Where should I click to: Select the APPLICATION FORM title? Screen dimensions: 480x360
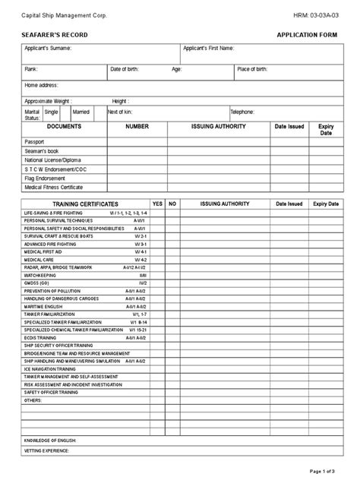(307, 36)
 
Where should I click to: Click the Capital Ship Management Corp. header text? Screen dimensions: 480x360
(64, 15)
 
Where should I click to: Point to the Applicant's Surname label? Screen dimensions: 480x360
(49, 49)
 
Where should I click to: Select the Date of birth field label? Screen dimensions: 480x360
(126, 69)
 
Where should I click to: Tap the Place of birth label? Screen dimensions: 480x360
(252, 69)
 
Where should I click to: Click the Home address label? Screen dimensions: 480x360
(42, 85)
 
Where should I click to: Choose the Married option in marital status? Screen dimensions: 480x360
(81, 112)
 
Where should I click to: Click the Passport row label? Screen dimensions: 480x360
(35, 142)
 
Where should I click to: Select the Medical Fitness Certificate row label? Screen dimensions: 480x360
(54, 187)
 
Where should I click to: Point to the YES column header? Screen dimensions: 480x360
(157, 204)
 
